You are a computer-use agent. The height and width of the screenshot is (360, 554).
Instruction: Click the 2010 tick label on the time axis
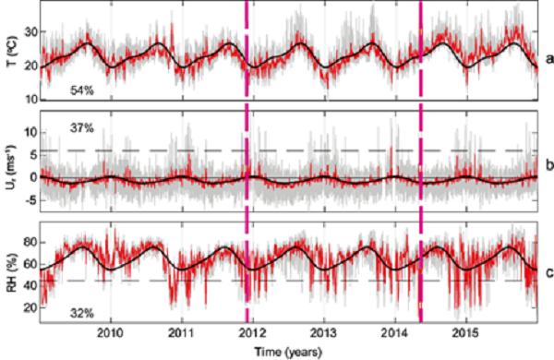(x=111, y=333)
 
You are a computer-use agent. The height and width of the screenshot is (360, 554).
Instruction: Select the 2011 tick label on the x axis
(x=182, y=333)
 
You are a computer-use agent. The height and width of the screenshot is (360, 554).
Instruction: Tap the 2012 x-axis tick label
(x=252, y=333)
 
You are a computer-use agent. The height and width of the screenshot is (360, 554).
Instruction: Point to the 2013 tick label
(x=323, y=333)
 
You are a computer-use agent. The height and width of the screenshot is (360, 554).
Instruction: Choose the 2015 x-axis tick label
(x=465, y=333)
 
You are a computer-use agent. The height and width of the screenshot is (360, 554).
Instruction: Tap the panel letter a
(x=548, y=58)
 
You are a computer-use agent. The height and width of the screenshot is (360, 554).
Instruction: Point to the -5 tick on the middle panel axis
(x=29, y=198)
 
